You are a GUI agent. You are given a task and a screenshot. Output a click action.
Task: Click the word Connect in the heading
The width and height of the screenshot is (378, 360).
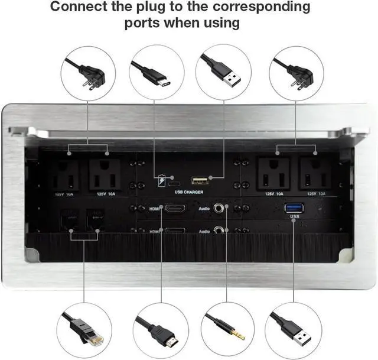click(79, 8)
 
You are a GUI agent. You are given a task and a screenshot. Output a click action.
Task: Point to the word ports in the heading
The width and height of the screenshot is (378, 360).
click(145, 24)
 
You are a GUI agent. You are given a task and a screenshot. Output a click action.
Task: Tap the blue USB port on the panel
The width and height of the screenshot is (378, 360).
click(294, 207)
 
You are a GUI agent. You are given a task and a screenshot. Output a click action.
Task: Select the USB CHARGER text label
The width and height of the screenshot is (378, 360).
click(188, 192)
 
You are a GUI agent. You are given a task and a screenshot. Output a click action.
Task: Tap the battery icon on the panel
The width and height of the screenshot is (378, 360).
click(162, 180)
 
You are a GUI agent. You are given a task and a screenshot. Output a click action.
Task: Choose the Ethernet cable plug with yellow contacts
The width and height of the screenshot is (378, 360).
click(87, 328)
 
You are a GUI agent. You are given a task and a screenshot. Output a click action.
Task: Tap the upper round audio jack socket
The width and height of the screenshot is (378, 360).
click(221, 208)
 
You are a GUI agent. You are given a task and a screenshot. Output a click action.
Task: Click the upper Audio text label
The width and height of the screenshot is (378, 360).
click(204, 209)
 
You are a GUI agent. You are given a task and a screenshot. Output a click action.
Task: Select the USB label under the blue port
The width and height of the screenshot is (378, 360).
click(294, 218)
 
